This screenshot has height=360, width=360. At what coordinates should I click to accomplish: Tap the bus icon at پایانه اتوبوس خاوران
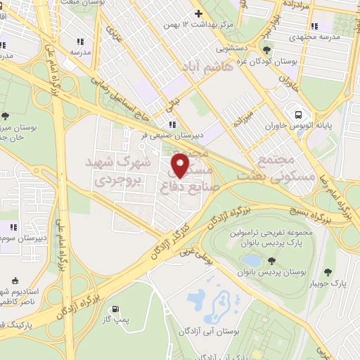pyautogui.click(x=298, y=114)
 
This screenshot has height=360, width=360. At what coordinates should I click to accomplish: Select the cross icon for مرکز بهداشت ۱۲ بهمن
pyautogui.click(x=198, y=13)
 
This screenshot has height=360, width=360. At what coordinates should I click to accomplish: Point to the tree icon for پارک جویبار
pyautogui.click(x=328, y=271)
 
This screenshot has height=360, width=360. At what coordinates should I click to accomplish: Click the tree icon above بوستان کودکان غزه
pyautogui.click(x=266, y=49)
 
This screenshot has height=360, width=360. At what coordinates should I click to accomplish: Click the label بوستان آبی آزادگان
pyautogui.click(x=210, y=330)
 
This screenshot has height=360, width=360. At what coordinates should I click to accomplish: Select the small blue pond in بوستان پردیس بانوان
pyautogui.click(x=250, y=262)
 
